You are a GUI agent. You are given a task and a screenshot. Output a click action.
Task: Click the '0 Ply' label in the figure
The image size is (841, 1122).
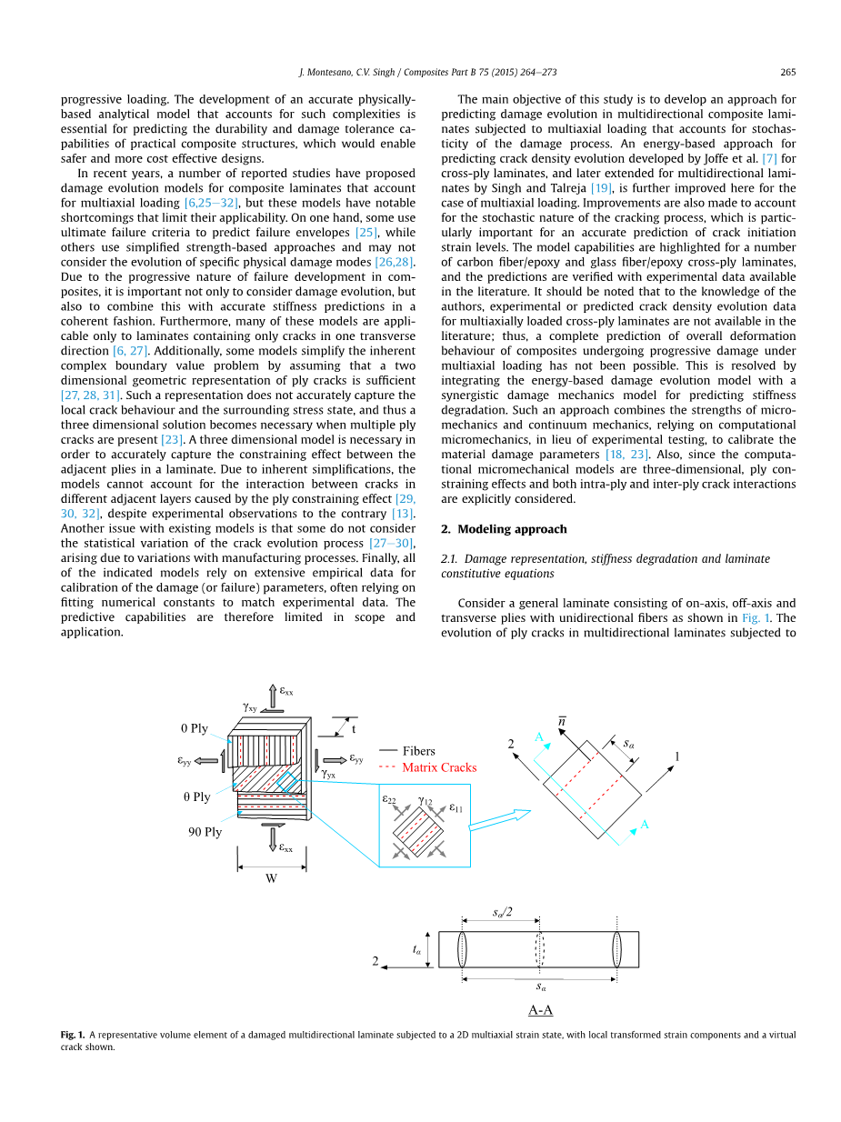click(x=194, y=728)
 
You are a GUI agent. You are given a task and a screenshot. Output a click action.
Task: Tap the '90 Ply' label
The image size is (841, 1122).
click(x=205, y=831)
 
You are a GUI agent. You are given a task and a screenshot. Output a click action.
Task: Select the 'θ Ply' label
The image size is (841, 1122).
click(x=195, y=796)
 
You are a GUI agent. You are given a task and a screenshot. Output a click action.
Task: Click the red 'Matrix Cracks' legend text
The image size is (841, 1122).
click(x=439, y=767)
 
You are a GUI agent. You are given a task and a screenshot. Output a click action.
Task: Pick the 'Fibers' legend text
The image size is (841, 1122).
click(x=419, y=751)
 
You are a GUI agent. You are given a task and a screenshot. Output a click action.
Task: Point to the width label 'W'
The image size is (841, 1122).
click(x=271, y=878)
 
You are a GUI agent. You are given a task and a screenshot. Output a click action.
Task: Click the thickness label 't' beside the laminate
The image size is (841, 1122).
click(x=353, y=728)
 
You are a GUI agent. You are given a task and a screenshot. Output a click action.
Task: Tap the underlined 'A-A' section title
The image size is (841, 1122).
click(x=541, y=1009)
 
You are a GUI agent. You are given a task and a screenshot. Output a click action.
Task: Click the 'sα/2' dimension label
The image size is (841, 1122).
click(x=502, y=912)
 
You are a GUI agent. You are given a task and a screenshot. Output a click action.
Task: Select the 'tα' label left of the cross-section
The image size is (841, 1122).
click(x=416, y=949)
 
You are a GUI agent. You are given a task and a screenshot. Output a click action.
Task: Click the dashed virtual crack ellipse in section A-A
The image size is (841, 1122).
click(x=539, y=949)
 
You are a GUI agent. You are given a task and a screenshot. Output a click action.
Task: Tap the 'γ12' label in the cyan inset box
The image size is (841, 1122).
click(x=425, y=801)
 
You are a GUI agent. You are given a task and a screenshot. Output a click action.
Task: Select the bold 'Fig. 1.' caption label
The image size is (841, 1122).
click(x=73, y=1035)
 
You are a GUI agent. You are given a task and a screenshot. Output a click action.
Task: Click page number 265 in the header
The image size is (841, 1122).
click(x=787, y=72)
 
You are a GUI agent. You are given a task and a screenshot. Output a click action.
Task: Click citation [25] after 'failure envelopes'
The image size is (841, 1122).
click(x=366, y=232)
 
